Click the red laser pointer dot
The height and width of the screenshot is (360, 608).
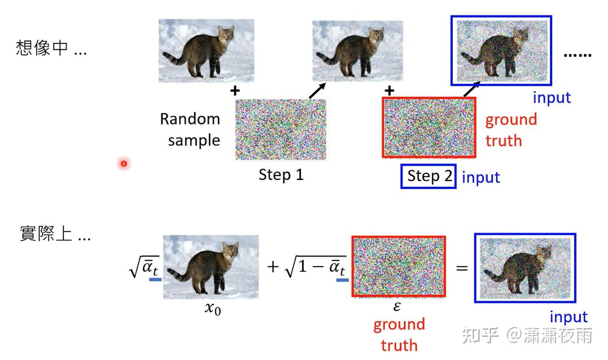(124, 163)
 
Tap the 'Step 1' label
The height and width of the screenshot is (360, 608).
(281, 175)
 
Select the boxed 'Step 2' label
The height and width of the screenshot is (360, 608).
(428, 176)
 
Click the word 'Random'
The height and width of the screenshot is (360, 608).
(190, 119)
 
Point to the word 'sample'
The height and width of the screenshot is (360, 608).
(194, 140)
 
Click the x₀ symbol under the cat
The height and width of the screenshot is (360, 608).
(213, 309)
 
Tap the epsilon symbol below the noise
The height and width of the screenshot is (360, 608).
(397, 306)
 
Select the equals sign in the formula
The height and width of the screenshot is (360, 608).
(462, 268)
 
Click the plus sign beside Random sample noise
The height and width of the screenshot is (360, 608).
(235, 91)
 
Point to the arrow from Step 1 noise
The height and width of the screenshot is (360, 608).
(317, 91)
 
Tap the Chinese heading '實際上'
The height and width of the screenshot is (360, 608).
(46, 233)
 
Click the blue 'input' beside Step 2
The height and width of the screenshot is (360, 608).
(481, 177)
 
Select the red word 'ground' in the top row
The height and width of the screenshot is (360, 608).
(511, 120)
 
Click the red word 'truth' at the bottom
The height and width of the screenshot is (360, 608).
(399, 345)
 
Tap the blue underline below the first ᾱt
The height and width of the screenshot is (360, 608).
(155, 279)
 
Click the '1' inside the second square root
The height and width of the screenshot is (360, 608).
(302, 266)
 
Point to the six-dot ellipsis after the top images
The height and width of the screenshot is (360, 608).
(577, 55)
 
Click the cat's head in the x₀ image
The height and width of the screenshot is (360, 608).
(231, 250)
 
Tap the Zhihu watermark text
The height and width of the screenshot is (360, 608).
(527, 335)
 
